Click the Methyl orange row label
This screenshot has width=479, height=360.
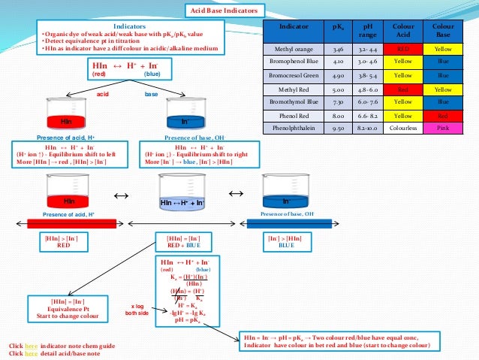click(x=294, y=50)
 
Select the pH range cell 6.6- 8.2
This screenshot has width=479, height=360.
click(x=367, y=116)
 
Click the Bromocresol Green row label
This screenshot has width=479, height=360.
click(x=294, y=76)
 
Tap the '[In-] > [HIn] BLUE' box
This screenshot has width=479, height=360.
click(x=285, y=241)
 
